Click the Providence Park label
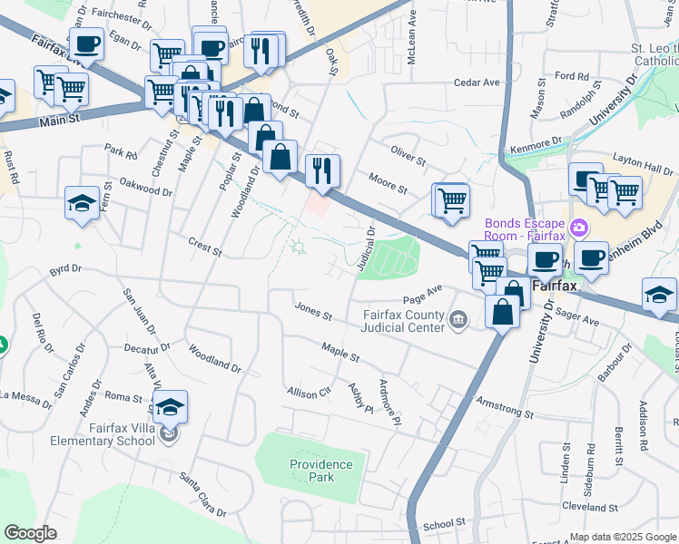[320, 470]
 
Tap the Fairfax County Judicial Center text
[400, 321]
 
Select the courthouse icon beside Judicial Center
[458, 317]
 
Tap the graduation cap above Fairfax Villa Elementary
[170, 409]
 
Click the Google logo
[31, 532]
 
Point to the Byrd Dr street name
[65, 269]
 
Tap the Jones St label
[313, 310]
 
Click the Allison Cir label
[309, 393]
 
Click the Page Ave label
[422, 294]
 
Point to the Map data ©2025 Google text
[622, 537]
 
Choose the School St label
[444, 523]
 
